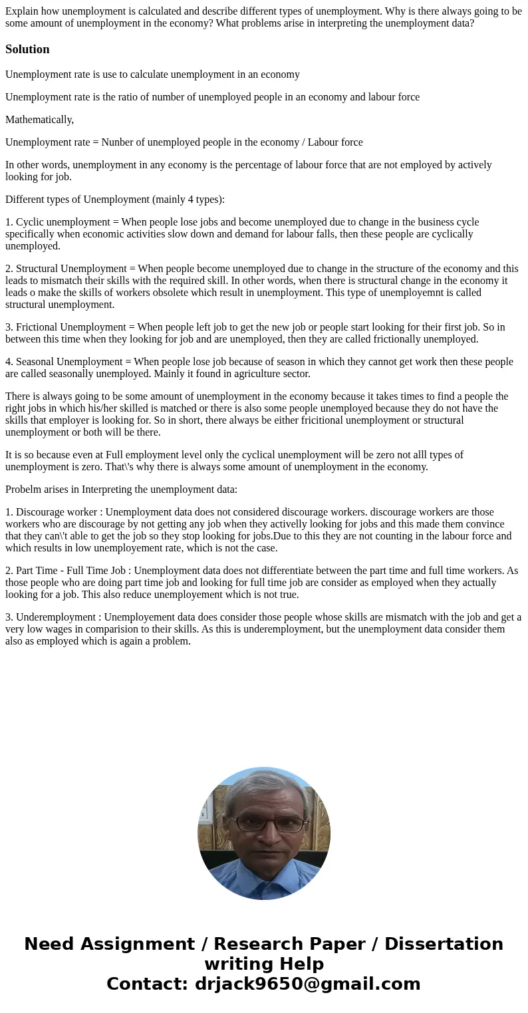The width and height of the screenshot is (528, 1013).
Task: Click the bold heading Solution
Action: (x=27, y=49)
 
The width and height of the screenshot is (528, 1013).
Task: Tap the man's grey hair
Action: (x=265, y=788)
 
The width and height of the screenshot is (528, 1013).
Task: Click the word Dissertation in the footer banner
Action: (x=444, y=944)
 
